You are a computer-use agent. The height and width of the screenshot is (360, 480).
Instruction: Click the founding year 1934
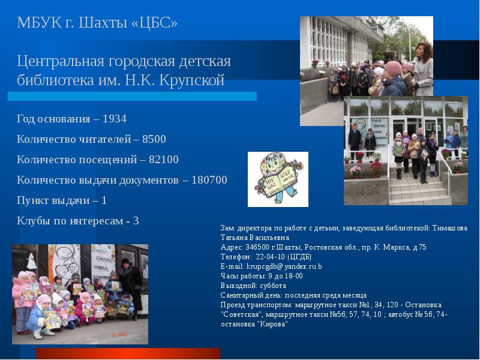coord(115,119)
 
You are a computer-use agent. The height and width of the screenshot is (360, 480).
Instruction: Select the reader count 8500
coord(154,139)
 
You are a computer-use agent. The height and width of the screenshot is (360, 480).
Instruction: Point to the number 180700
coord(209,180)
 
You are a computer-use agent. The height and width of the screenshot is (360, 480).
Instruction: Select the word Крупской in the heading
coord(193,80)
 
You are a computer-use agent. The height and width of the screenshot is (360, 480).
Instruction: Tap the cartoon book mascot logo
coord(278,179)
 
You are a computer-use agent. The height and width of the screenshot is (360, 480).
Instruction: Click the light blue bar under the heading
coord(132,96)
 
